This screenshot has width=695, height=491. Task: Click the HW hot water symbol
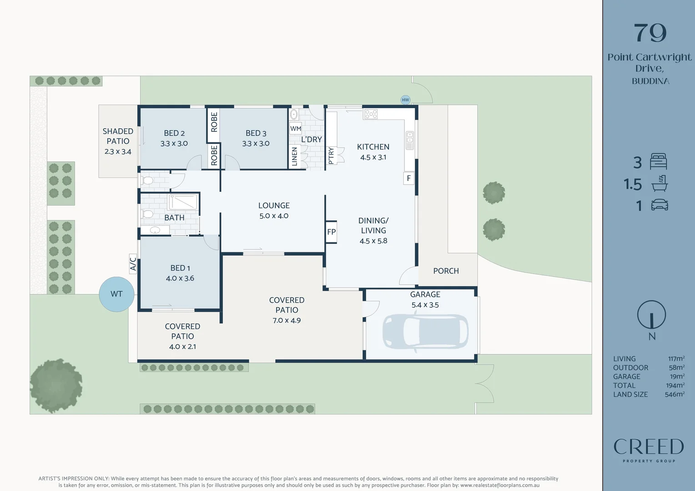tap(405, 100)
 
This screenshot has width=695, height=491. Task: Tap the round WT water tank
tap(116, 294)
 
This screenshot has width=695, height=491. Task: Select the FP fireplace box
tap(331, 232)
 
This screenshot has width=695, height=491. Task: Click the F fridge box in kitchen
tap(408, 178)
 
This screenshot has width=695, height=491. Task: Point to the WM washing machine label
tap(295, 128)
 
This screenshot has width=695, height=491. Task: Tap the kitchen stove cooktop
tap(370, 114)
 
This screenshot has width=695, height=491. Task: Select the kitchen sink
tap(409, 140)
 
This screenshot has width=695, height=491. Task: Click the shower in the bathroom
tap(183, 202)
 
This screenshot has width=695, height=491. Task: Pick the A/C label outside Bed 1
tap(133, 264)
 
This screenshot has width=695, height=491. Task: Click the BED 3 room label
tap(256, 133)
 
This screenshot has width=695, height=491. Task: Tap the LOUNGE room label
tap(274, 205)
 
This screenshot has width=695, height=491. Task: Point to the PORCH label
tap(446, 271)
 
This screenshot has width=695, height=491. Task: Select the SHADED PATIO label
tap(118, 136)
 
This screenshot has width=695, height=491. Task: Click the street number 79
tap(650, 33)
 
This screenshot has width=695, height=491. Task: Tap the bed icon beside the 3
tap(659, 161)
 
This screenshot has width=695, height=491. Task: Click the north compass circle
tap(651, 315)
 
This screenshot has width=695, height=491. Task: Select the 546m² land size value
tap(675, 394)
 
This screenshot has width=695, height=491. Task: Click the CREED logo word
tap(649, 446)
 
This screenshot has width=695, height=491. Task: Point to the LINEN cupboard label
tap(294, 157)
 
